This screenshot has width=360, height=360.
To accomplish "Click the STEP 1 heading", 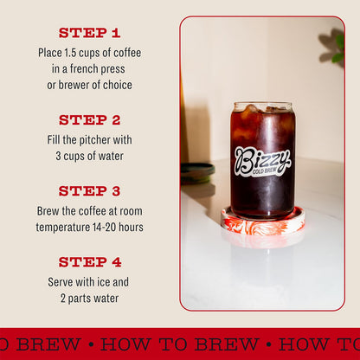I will point(89,33).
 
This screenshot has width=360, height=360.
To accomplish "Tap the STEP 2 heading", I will point(89,120).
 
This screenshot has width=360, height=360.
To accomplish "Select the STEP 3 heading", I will point(89,191).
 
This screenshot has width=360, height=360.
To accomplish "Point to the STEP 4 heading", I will point(89,262).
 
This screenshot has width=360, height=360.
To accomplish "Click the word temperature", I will point(66,227).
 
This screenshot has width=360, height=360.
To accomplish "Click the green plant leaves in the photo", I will point(333,47).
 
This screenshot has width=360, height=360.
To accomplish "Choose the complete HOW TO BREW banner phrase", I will point(179,344).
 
